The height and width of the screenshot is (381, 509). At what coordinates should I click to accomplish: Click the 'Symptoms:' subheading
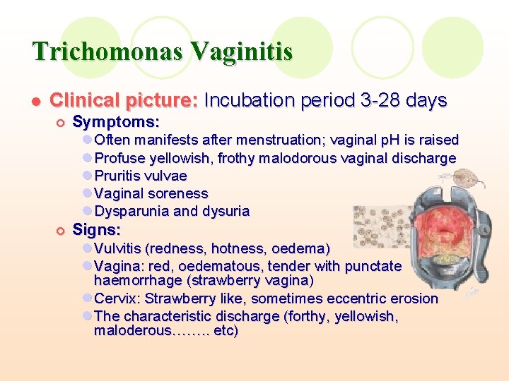click(x=116, y=122)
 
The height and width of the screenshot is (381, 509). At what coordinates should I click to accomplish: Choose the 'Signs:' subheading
click(x=97, y=230)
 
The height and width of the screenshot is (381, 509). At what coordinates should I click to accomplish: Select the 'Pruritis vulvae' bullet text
click(x=141, y=176)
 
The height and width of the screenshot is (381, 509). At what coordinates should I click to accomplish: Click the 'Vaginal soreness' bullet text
click(x=151, y=193)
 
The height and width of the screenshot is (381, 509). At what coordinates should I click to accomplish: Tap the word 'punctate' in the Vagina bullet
click(x=374, y=266)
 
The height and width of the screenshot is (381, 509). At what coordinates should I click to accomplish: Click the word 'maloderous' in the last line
click(x=132, y=330)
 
